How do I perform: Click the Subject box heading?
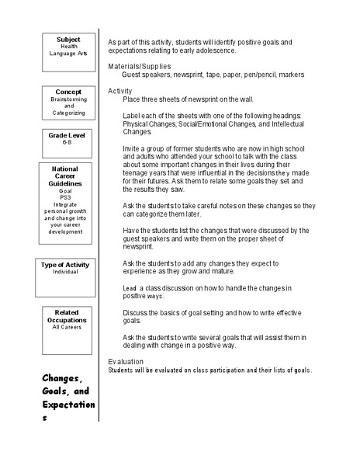pos(68,39)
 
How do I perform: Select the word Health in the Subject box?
pos(68,46)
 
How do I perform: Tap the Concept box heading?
pos(68,92)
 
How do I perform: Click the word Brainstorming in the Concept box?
pos(68,99)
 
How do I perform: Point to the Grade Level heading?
pos(68,135)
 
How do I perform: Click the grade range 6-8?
pos(68,143)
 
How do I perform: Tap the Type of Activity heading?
pos(68,265)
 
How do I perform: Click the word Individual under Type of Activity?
pos(68,273)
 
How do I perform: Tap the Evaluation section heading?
pos(126,362)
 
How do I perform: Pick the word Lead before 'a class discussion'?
pos(130,288)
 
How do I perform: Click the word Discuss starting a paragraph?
pos(136,311)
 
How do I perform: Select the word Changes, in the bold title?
pos(61,379)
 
